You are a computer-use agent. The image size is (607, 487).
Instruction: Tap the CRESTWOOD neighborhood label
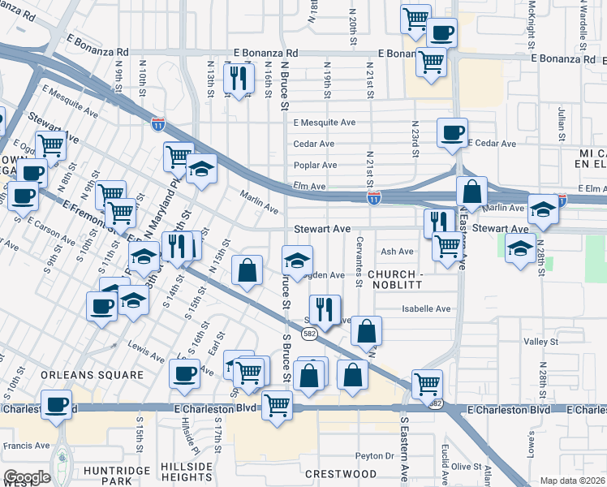341,473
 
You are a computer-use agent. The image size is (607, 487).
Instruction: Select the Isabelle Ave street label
426,308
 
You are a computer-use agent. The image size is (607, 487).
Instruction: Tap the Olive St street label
467,467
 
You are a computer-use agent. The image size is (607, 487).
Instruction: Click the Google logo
27,476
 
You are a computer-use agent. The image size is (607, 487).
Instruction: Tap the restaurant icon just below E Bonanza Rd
238,78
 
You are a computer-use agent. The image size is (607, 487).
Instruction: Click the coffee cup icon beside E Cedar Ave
452,131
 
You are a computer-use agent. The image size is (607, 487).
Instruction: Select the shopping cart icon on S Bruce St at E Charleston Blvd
277,403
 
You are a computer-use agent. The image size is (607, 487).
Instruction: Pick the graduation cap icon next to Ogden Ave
298,261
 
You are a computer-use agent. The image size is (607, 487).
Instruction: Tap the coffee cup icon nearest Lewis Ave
185,373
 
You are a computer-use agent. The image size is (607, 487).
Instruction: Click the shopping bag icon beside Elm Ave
471,192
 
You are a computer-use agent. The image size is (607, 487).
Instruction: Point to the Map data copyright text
573,481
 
